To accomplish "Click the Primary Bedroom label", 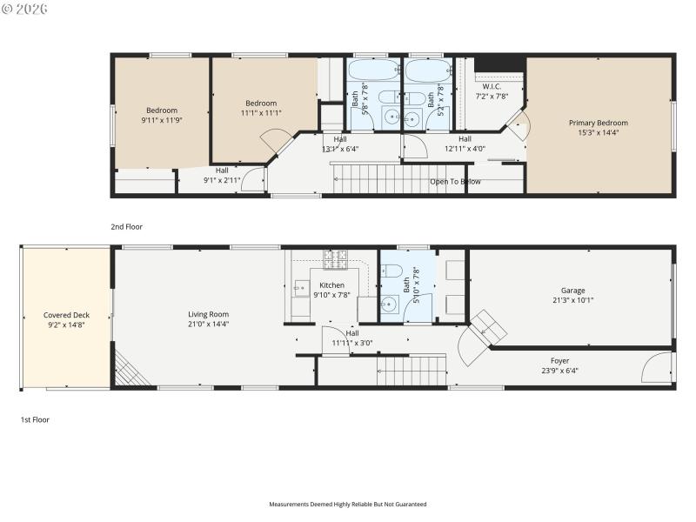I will (x=598, y=124).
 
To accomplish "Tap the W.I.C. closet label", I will (x=492, y=86).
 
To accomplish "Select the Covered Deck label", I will (x=67, y=315).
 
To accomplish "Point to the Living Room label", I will (x=208, y=314).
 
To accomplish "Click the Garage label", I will (x=572, y=291).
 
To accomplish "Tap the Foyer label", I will (x=559, y=360).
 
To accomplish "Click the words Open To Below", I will (x=455, y=182).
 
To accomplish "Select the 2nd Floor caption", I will (x=126, y=226).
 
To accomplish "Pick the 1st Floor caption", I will (x=35, y=419).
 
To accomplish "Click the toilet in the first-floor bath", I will (x=391, y=269).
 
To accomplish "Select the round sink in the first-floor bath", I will (x=391, y=304).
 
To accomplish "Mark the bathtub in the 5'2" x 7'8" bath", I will (x=426, y=70).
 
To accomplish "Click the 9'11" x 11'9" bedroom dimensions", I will (x=162, y=120).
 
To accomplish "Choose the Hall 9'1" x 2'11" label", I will (x=222, y=176).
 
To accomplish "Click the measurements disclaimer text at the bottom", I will (x=348, y=504).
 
